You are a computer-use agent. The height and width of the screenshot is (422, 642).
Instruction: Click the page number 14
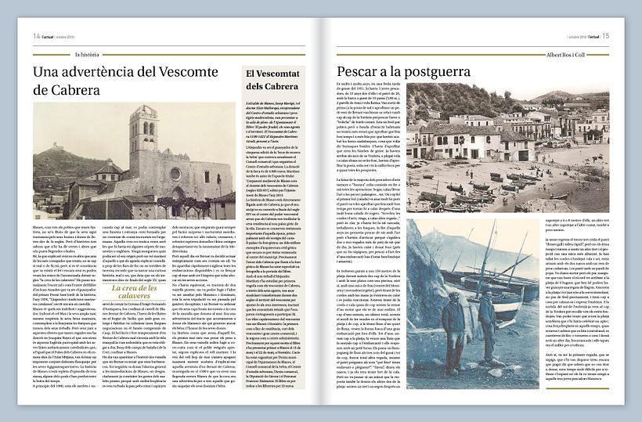[36, 36]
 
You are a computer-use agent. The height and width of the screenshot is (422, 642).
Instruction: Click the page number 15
[606, 36]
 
